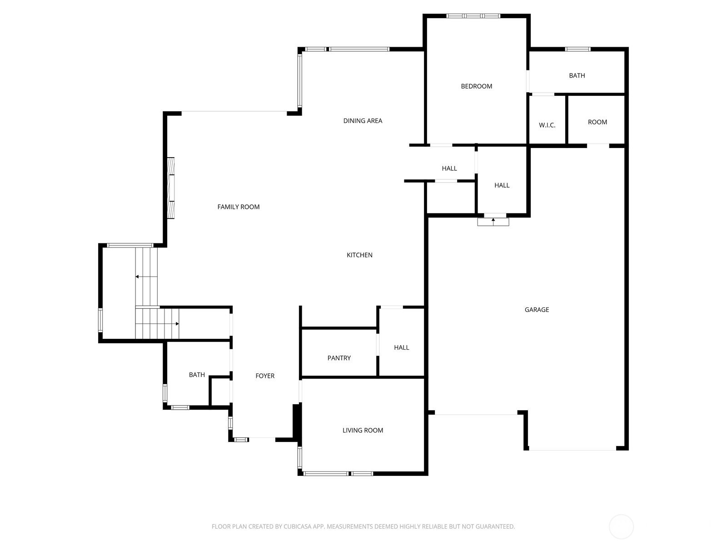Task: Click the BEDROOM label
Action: [x=476, y=86]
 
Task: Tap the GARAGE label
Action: [x=537, y=310]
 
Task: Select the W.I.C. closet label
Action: [x=547, y=125]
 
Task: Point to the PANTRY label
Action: [x=339, y=358]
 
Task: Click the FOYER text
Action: [x=265, y=376]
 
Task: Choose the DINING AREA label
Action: [x=363, y=121]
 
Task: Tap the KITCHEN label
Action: [x=359, y=255]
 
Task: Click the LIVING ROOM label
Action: [x=363, y=431]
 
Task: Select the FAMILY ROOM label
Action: [x=239, y=207]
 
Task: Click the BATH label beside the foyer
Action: [x=197, y=375]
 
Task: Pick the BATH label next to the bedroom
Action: [x=577, y=76]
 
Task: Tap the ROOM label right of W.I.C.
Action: [x=597, y=122]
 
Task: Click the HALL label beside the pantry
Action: [x=401, y=348]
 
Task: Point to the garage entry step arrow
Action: [x=493, y=220]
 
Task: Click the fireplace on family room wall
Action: [x=171, y=188]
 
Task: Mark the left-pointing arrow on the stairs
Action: [x=137, y=277]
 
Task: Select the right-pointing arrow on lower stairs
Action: [x=177, y=324]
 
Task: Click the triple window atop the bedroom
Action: [x=473, y=16]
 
